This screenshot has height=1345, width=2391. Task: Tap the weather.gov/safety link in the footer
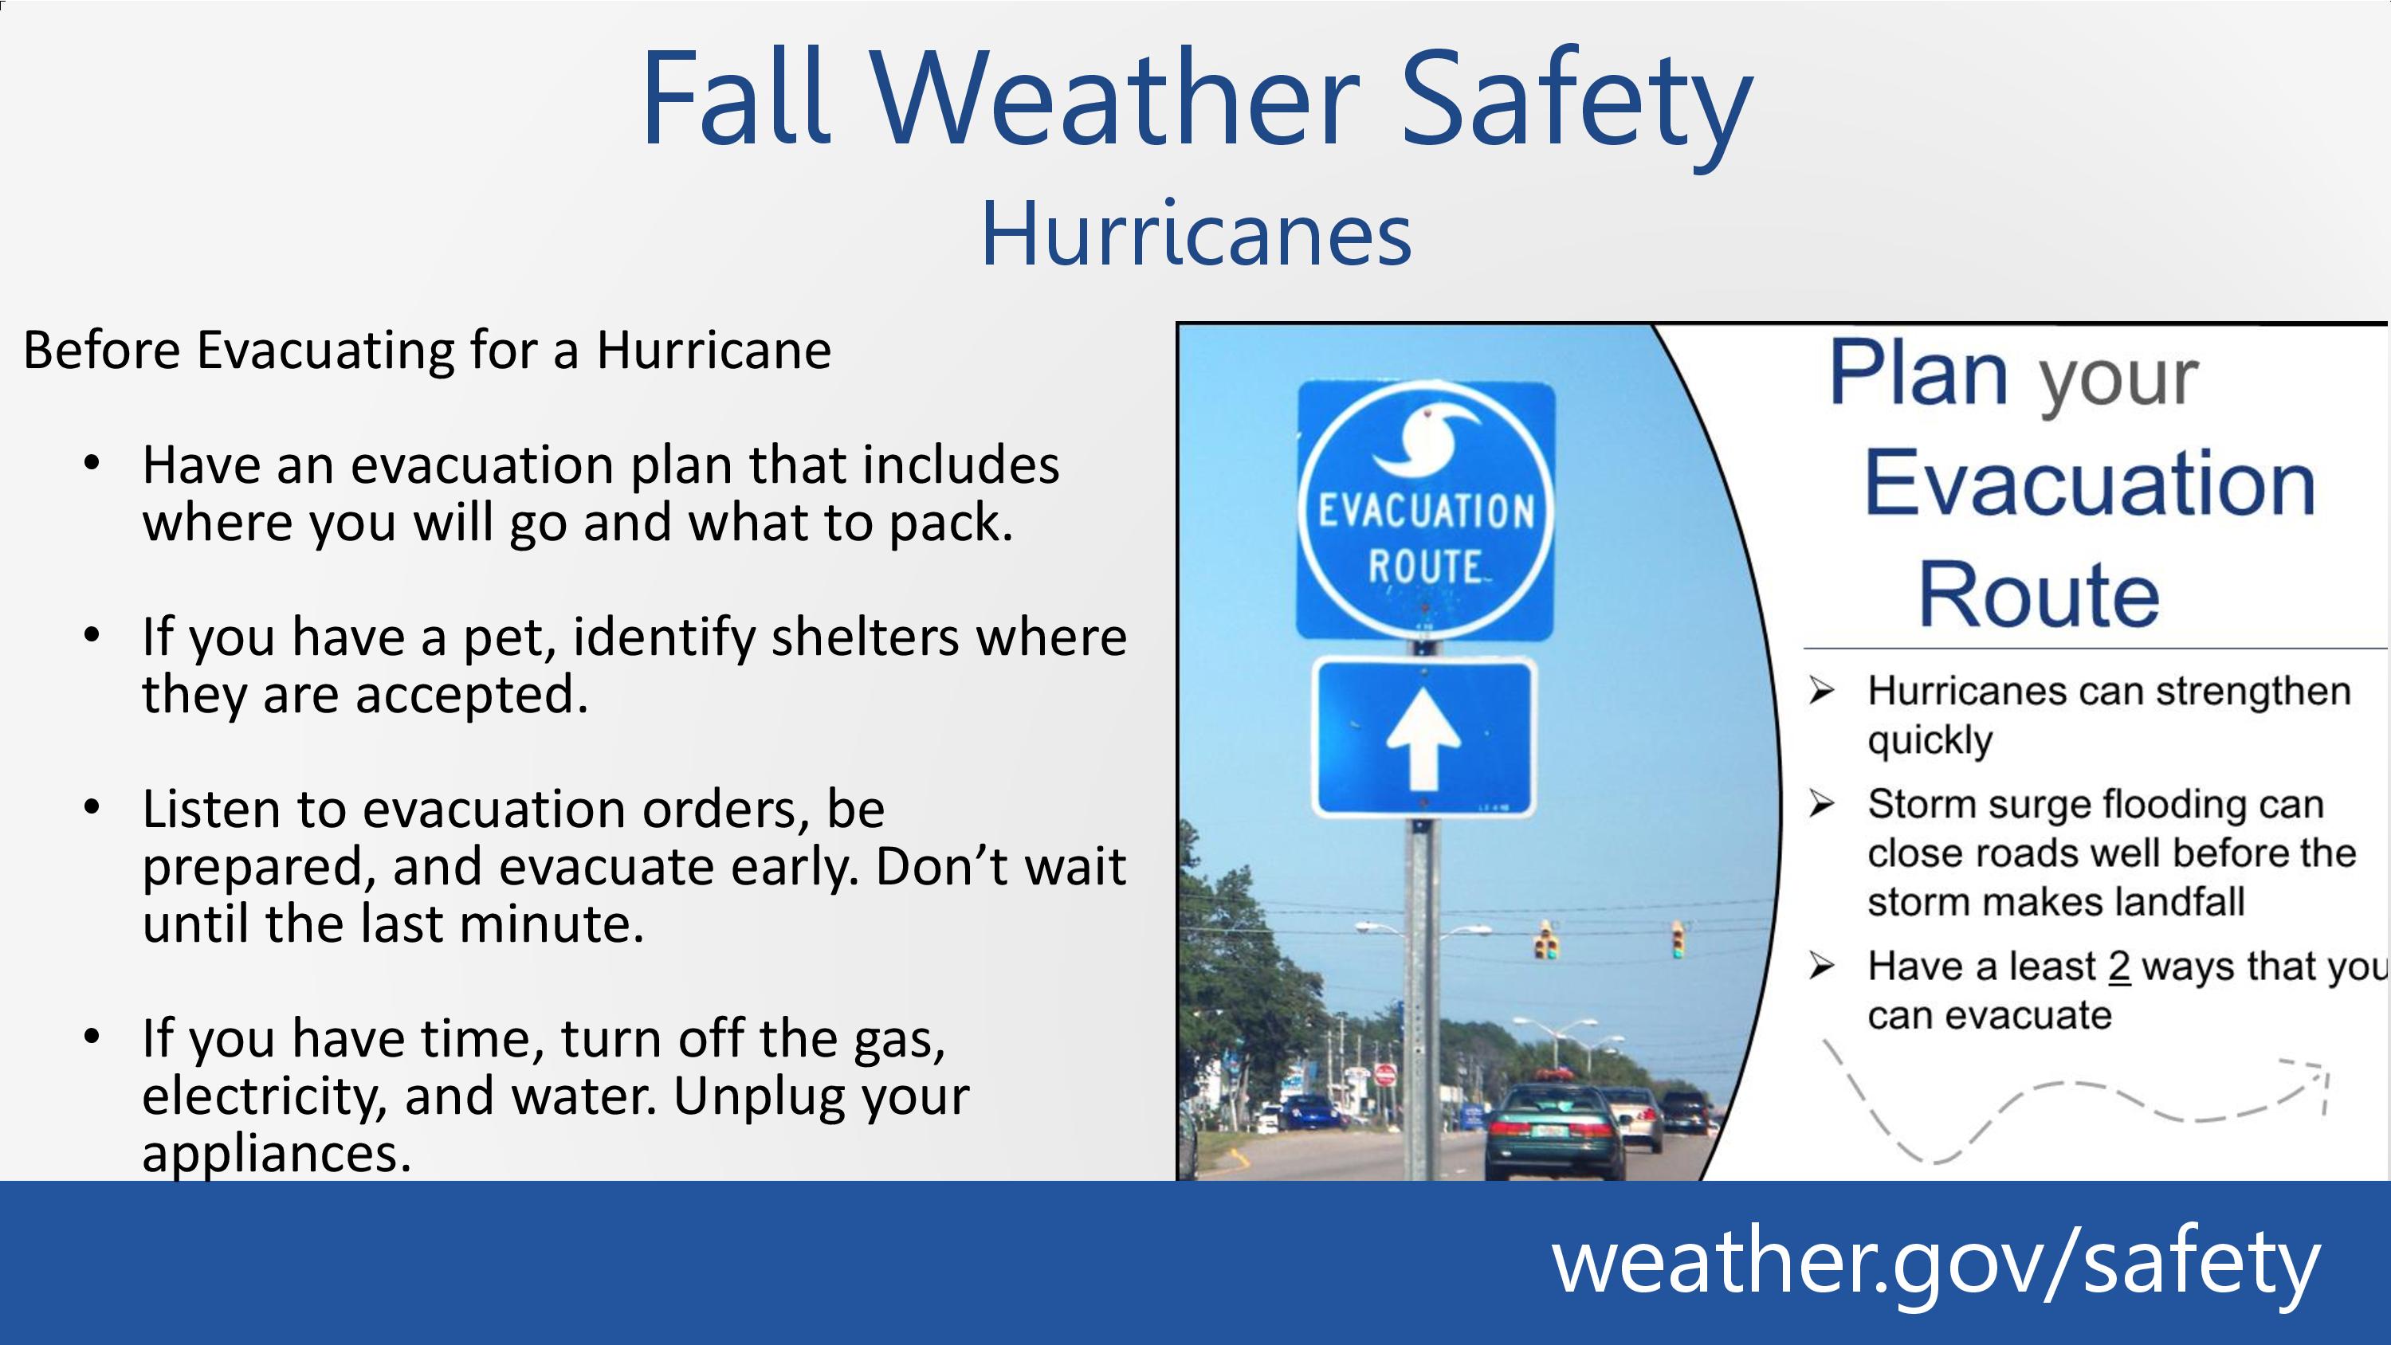click(1936, 1263)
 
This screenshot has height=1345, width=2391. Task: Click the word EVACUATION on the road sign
click(1427, 512)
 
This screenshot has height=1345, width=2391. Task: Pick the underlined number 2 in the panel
click(2119, 967)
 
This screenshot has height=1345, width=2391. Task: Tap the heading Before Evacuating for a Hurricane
click(427, 350)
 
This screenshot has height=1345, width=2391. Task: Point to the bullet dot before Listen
click(91, 807)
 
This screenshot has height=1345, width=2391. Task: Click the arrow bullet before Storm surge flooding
click(1821, 804)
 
